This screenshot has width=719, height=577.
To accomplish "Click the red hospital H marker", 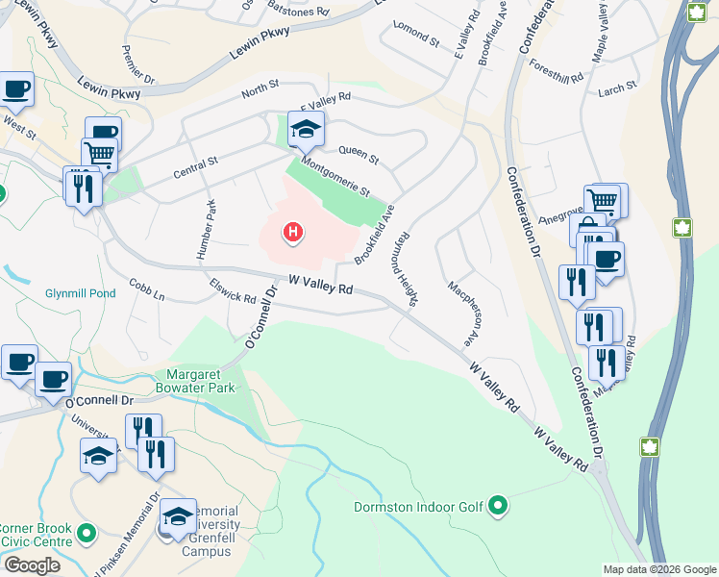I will pyautogui.click(x=293, y=232).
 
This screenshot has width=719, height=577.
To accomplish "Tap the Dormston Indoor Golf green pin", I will pyautogui.click(x=498, y=505).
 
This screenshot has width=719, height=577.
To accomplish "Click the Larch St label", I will pyautogui.click(x=617, y=88).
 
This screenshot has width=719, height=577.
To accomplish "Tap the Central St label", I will pyautogui.click(x=196, y=169).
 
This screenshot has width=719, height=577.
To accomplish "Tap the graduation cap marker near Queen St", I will pyautogui.click(x=306, y=128).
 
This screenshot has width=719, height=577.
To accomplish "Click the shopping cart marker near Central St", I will pyautogui.click(x=99, y=153).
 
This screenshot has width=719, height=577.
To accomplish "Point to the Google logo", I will pyautogui.click(x=32, y=564).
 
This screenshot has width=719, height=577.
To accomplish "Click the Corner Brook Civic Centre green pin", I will pyautogui.click(x=87, y=532).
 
